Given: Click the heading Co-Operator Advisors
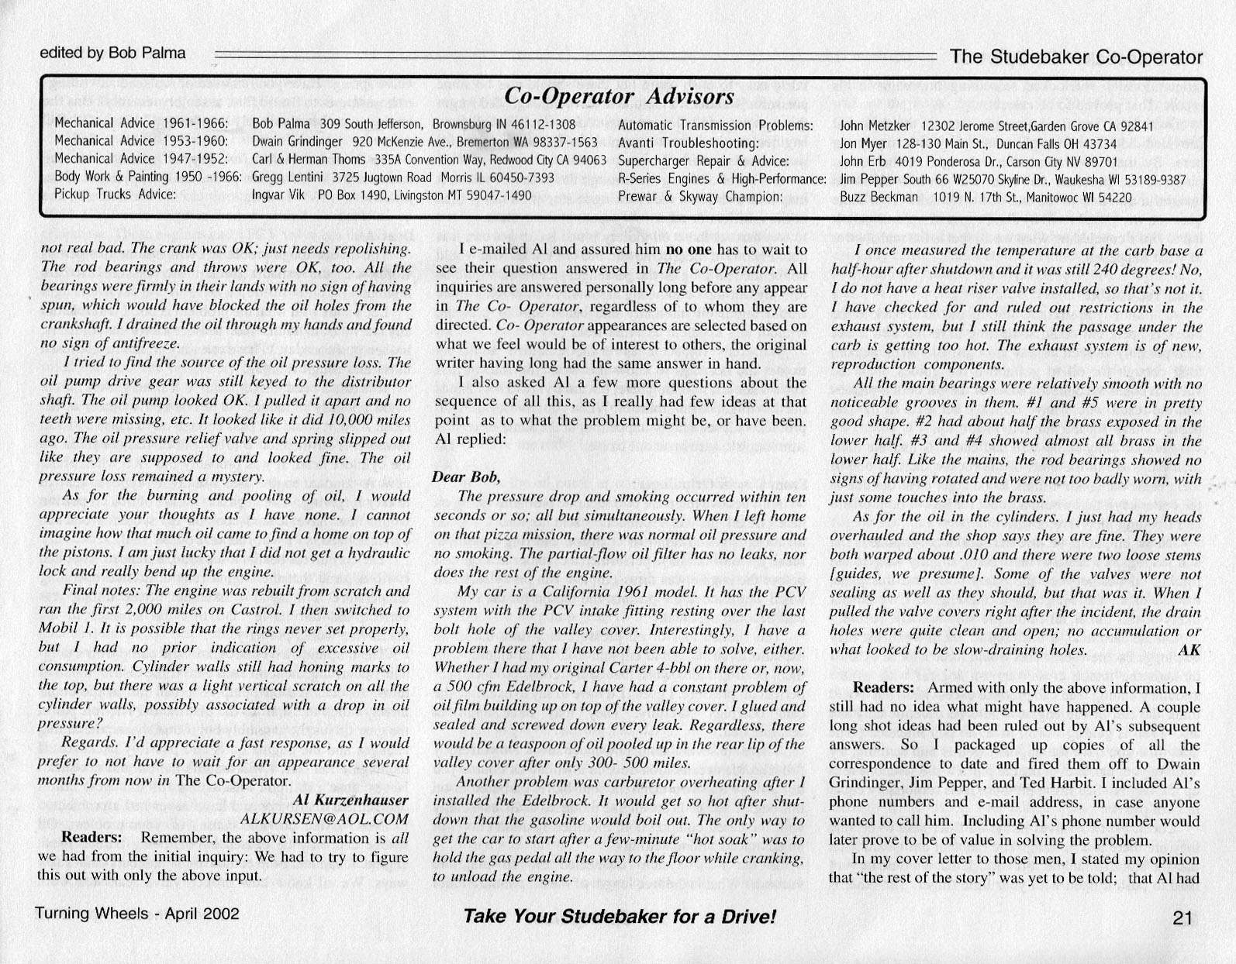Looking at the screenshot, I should [x=619, y=96].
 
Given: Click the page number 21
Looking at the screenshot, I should [x=1182, y=918].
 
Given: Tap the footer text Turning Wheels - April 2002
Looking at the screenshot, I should [x=137, y=914].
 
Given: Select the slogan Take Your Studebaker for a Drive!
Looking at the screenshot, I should [x=619, y=917].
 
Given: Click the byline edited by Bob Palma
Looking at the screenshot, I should [x=112, y=53].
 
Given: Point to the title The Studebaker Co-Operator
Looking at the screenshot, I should [x=1075, y=57].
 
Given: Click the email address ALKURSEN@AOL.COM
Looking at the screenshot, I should [x=324, y=818].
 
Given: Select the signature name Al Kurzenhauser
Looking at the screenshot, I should [x=350, y=800].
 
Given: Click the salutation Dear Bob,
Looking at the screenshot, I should [x=466, y=477].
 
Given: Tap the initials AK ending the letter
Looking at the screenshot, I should [x=1189, y=650].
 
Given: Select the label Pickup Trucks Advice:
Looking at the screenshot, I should [x=116, y=195].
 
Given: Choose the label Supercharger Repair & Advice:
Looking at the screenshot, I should [x=703, y=161].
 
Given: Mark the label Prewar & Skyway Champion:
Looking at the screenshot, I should [x=699, y=197].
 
